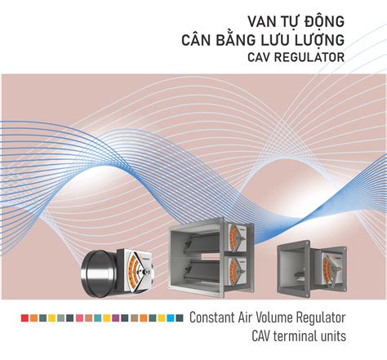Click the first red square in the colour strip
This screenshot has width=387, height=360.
pos(25,318)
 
